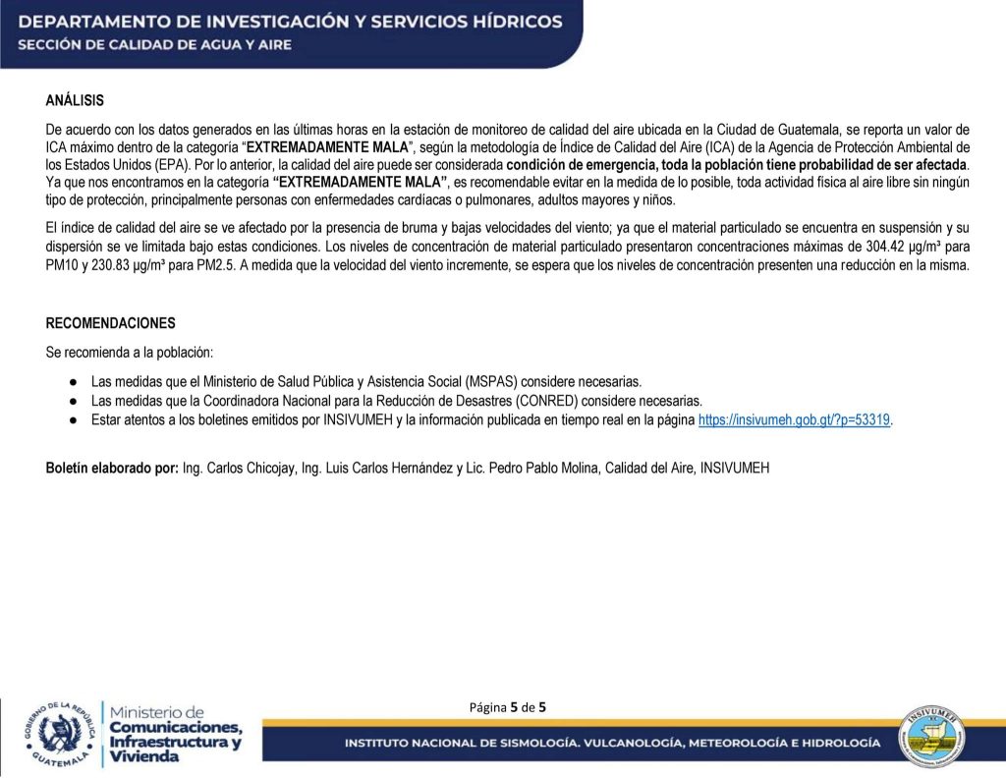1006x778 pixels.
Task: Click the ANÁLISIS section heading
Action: tap(75, 100)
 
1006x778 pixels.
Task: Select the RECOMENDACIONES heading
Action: tap(111, 323)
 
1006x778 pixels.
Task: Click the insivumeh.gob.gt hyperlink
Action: tap(794, 419)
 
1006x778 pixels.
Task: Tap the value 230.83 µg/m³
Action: tap(121, 266)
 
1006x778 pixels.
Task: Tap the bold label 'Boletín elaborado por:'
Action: tap(112, 469)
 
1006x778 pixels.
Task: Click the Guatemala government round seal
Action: tap(61, 734)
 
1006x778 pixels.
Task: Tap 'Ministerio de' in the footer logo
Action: tap(157, 711)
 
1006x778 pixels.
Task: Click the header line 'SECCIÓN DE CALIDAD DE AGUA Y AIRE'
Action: tap(154, 45)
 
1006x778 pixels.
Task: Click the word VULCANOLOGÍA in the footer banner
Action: tap(635, 743)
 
